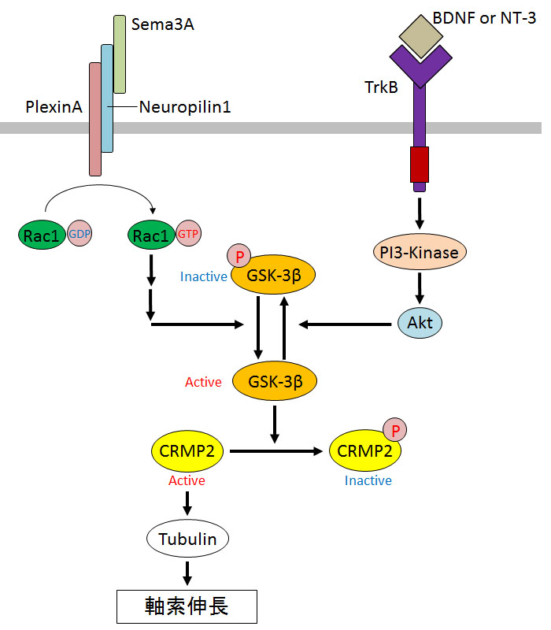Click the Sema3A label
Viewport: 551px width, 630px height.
163,24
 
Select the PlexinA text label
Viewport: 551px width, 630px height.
54,106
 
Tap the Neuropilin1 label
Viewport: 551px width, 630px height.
185,106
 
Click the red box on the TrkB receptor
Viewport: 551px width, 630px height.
419,164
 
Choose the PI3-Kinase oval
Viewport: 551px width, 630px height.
420,252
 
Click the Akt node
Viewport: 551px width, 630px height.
420,322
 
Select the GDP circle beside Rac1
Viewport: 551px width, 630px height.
80,234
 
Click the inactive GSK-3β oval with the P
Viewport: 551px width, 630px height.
272,276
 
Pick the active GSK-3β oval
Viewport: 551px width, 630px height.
272,381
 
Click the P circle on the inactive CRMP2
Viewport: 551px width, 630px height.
395,431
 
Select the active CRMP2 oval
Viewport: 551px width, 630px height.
187,450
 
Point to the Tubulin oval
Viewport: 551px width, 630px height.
187,539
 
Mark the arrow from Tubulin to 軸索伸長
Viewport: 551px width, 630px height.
187,572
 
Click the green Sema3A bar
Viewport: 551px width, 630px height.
120,54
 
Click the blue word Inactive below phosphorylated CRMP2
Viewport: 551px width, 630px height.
368,480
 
